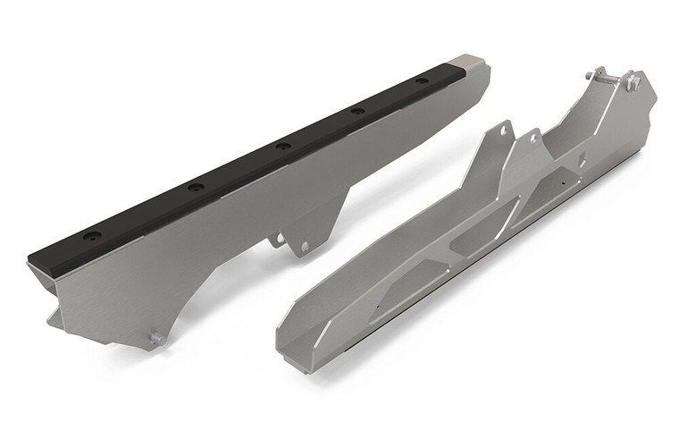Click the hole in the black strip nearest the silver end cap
pos(357,110)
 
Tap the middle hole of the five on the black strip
pos(282,146)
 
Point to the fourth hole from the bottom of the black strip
pos(357,110)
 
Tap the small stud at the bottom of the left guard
pos(155,338)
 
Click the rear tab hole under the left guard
pos(304,245)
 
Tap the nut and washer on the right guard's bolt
pos(633,84)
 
